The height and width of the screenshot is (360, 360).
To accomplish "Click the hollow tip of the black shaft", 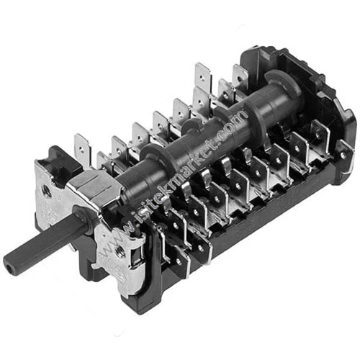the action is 9,264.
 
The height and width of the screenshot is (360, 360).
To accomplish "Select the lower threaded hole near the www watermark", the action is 117,251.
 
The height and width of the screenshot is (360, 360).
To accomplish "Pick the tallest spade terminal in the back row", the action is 203,76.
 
